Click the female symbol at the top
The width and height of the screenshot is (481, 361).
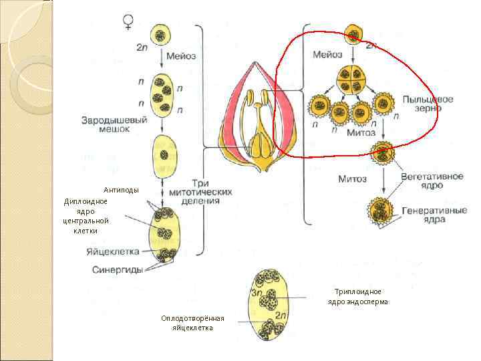pyautogui.click(x=128, y=23)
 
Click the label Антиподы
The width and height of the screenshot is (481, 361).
pyautogui.click(x=121, y=190)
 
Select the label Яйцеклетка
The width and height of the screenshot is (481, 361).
pyautogui.click(x=112, y=252)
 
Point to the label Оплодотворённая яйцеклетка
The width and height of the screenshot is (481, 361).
pyautogui.click(x=192, y=322)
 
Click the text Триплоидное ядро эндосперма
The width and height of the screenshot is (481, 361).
pyautogui.click(x=357, y=297)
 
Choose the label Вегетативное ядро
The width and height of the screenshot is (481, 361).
pyautogui.click(x=432, y=182)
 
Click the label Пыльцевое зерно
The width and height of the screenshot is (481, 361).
pyautogui.click(x=428, y=104)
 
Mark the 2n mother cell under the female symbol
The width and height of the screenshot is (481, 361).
pyautogui.click(x=160, y=35)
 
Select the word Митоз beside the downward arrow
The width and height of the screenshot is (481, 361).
pyautogui.click(x=352, y=178)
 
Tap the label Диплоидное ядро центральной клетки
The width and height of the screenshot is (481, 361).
pyautogui.click(x=86, y=216)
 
